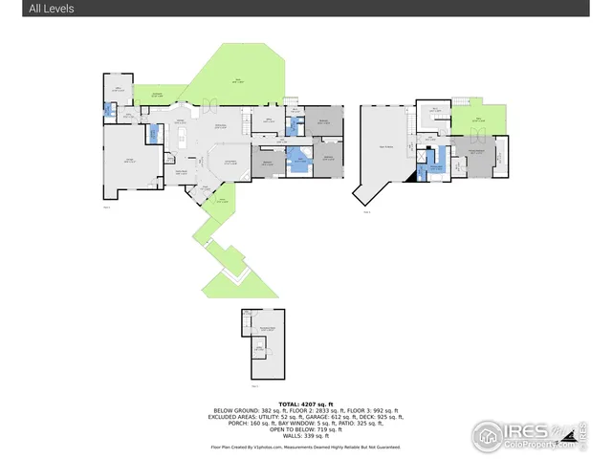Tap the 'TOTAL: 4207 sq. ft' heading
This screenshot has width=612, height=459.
[x=305, y=404]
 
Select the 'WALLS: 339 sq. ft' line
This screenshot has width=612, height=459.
[x=305, y=435]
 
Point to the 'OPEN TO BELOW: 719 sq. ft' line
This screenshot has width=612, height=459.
[x=305, y=429]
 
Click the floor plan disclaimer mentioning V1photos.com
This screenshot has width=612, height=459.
[x=305, y=447]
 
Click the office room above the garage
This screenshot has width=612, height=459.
[x=119, y=94]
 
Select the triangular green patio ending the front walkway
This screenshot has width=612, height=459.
[x=238, y=282]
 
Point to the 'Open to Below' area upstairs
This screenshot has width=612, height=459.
[x=384, y=145]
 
